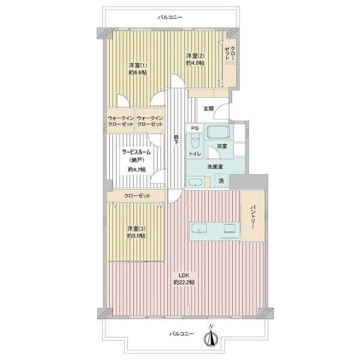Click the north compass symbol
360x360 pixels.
[211, 335]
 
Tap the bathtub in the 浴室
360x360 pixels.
[218, 132]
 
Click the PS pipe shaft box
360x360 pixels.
[194, 128]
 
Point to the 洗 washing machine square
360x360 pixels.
[221, 181]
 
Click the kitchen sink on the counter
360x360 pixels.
[199, 229]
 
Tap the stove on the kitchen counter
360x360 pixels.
[230, 229]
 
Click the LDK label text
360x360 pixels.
[184, 275]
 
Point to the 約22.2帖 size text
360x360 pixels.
[184, 283]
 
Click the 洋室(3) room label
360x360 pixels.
[136, 229]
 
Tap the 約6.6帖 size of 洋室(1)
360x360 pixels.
[138, 73]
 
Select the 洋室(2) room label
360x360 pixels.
[195, 56]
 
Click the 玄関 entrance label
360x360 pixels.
[208, 109]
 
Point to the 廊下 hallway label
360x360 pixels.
[176, 140]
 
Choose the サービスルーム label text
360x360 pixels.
[136, 152]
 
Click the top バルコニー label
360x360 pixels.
[170, 17]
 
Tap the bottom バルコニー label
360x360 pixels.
[182, 334]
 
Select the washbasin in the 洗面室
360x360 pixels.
[195, 182]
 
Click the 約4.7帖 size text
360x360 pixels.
[137, 170]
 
